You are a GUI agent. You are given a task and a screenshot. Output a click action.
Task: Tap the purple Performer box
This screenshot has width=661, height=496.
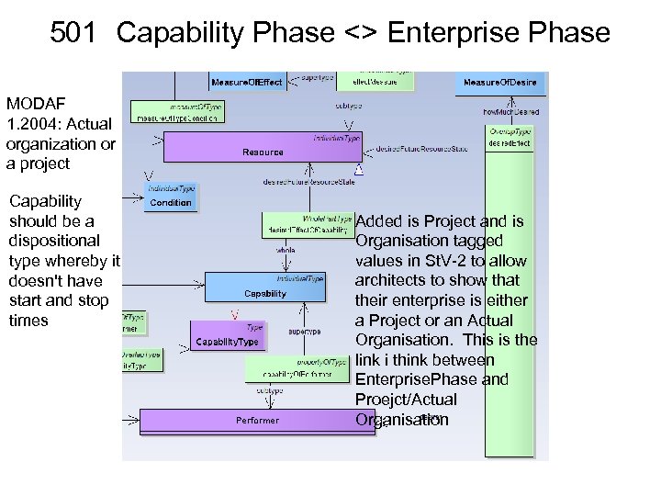(x=257, y=421)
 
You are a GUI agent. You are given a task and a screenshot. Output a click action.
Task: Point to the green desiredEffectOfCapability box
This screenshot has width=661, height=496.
(x=308, y=225)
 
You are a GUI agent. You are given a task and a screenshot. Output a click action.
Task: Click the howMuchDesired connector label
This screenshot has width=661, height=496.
(x=510, y=112)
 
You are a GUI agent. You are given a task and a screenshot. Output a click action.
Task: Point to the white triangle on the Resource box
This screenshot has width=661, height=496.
(x=359, y=170)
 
